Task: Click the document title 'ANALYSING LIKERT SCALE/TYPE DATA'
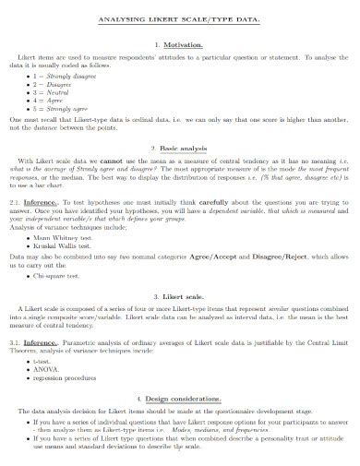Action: click(179, 18)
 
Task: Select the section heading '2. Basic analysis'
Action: click(179, 148)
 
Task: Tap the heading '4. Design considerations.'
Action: click(179, 399)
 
